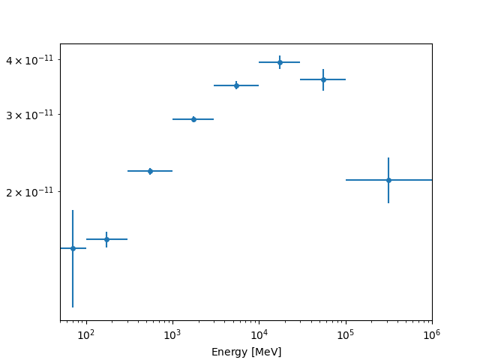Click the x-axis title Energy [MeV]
pyautogui.click(x=246, y=352)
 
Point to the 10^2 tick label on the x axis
pyautogui.click(x=86, y=334)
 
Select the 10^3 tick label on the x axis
pyautogui.click(x=172, y=334)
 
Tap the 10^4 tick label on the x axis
pyautogui.click(x=259, y=334)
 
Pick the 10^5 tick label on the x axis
pyautogui.click(x=345, y=334)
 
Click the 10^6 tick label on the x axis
pyautogui.click(x=431, y=334)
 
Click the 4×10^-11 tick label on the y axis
pyautogui.click(x=32, y=60)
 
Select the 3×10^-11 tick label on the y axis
pyautogui.click(x=32, y=115)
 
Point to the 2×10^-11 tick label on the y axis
pyautogui.click(x=32, y=191)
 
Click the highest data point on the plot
pyautogui.click(x=280, y=62)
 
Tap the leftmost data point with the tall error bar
pyautogui.click(x=73, y=248)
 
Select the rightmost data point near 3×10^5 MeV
pyautogui.click(x=388, y=180)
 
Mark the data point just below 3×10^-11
pyautogui.click(x=193, y=119)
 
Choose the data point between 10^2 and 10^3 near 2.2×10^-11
pyautogui.click(x=150, y=171)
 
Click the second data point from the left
pyautogui.click(x=106, y=239)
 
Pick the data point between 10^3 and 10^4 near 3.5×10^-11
pyautogui.click(x=236, y=85)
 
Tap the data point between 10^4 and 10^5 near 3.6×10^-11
pyautogui.click(x=323, y=79)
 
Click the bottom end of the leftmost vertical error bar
pyautogui.click(x=73, y=307)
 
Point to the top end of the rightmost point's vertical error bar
pyautogui.click(x=388, y=158)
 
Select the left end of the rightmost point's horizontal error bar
pyautogui.click(x=346, y=180)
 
